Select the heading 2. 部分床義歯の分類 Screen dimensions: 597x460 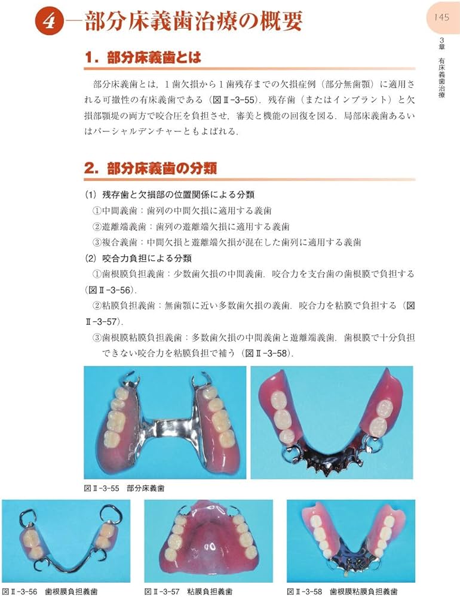click(150, 168)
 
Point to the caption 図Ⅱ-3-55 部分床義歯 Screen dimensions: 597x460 click(124, 488)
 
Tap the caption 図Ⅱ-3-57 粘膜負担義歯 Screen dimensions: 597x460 click(188, 591)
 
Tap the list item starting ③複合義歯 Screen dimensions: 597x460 click(226, 242)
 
